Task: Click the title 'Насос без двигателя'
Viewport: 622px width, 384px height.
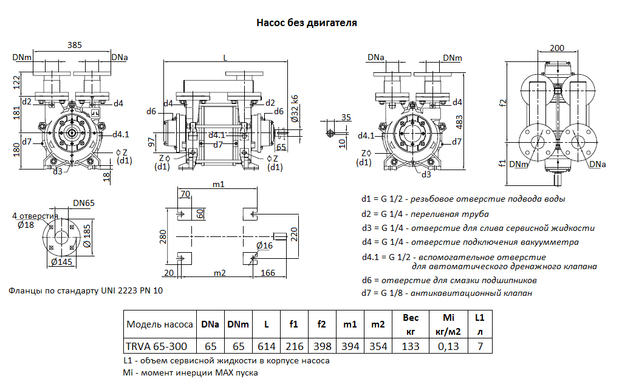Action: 306,23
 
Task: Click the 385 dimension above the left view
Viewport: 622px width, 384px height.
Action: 75,46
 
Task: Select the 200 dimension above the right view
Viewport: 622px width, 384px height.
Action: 556,48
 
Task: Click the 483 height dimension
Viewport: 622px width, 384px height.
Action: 460,122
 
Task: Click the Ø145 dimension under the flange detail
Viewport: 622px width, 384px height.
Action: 63,262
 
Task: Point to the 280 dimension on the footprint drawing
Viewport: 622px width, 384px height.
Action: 162,236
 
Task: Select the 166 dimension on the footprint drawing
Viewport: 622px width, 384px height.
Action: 268,273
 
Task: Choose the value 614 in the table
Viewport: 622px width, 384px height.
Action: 266,346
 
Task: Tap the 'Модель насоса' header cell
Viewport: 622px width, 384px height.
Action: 160,324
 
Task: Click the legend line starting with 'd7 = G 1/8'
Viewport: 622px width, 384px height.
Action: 446,294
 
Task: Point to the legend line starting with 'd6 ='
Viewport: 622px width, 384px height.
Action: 449,281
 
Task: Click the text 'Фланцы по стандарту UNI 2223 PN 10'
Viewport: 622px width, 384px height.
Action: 86,291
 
